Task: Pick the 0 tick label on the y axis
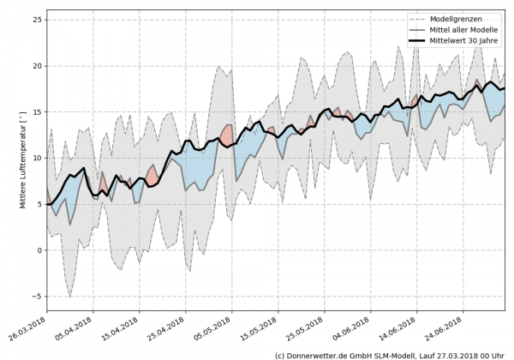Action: click(x=38, y=250)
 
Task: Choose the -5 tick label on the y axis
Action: click(x=36, y=297)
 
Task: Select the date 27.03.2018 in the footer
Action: click(x=457, y=354)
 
